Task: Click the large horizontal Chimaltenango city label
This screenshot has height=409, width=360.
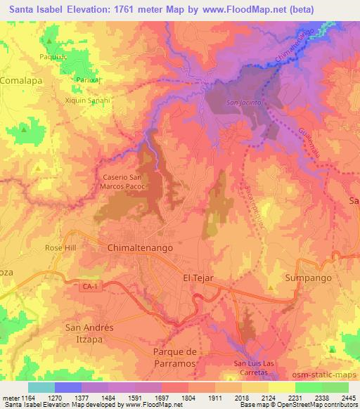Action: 140,248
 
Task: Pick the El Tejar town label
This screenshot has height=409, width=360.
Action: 198,278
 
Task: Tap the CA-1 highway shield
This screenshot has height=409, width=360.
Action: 87,286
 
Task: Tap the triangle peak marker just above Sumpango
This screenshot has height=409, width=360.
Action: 271,287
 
